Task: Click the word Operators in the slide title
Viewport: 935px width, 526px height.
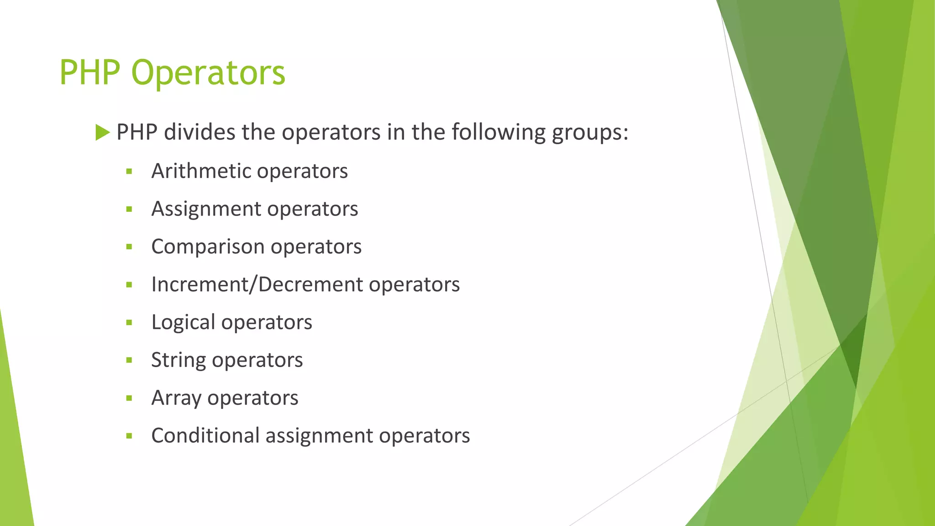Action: (208, 73)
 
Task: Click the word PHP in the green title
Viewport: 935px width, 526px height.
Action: (89, 73)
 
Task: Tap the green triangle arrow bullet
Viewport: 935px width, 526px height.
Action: (103, 133)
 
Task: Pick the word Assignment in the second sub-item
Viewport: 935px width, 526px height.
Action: (206, 210)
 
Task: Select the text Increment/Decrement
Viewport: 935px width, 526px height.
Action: (257, 284)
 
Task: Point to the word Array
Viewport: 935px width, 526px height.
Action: (176, 398)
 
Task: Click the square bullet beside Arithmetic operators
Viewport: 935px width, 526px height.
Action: (129, 172)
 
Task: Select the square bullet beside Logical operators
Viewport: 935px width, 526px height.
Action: (129, 323)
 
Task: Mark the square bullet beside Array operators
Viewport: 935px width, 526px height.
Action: (129, 398)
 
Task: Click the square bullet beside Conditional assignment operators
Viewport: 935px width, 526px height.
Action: (129, 436)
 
